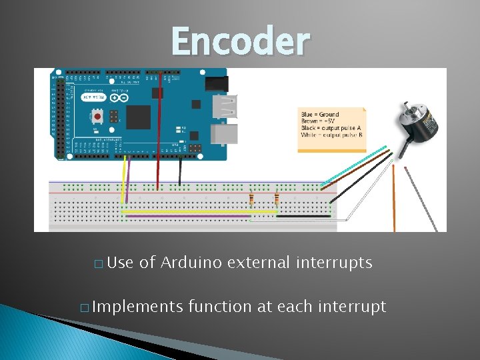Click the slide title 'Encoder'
click(241, 41)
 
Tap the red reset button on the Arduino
click(98, 116)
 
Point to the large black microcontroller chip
click(139, 117)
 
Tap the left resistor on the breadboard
click(251, 199)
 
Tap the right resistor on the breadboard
click(277, 199)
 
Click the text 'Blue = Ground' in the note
click(320, 115)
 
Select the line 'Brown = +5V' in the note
click(319, 121)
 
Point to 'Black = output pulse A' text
click(331, 128)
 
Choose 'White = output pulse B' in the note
click(331, 135)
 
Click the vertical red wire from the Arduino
click(159, 133)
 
